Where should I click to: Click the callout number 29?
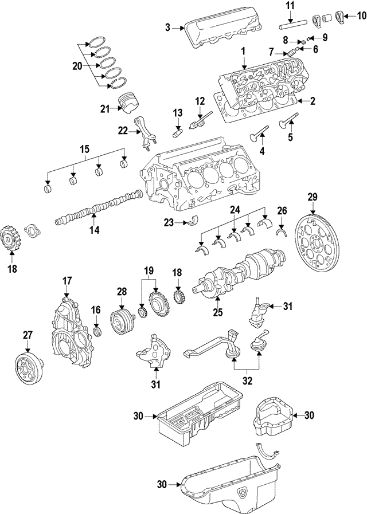coord(312,197)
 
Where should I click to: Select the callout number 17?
coord(67,281)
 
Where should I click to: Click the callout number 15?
coord(84,150)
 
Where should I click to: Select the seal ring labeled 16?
coord(97,332)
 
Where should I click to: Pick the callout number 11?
coord(290,7)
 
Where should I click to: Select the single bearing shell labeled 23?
coord(196,222)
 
